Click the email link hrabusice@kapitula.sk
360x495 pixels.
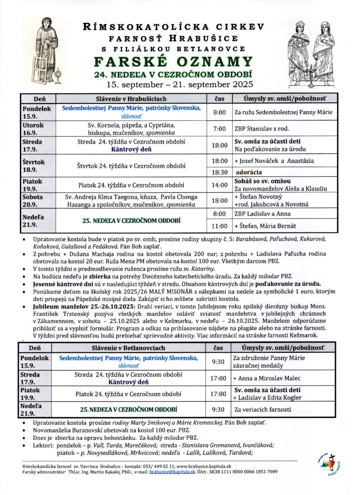pyautogui.click(x=166, y=471)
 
